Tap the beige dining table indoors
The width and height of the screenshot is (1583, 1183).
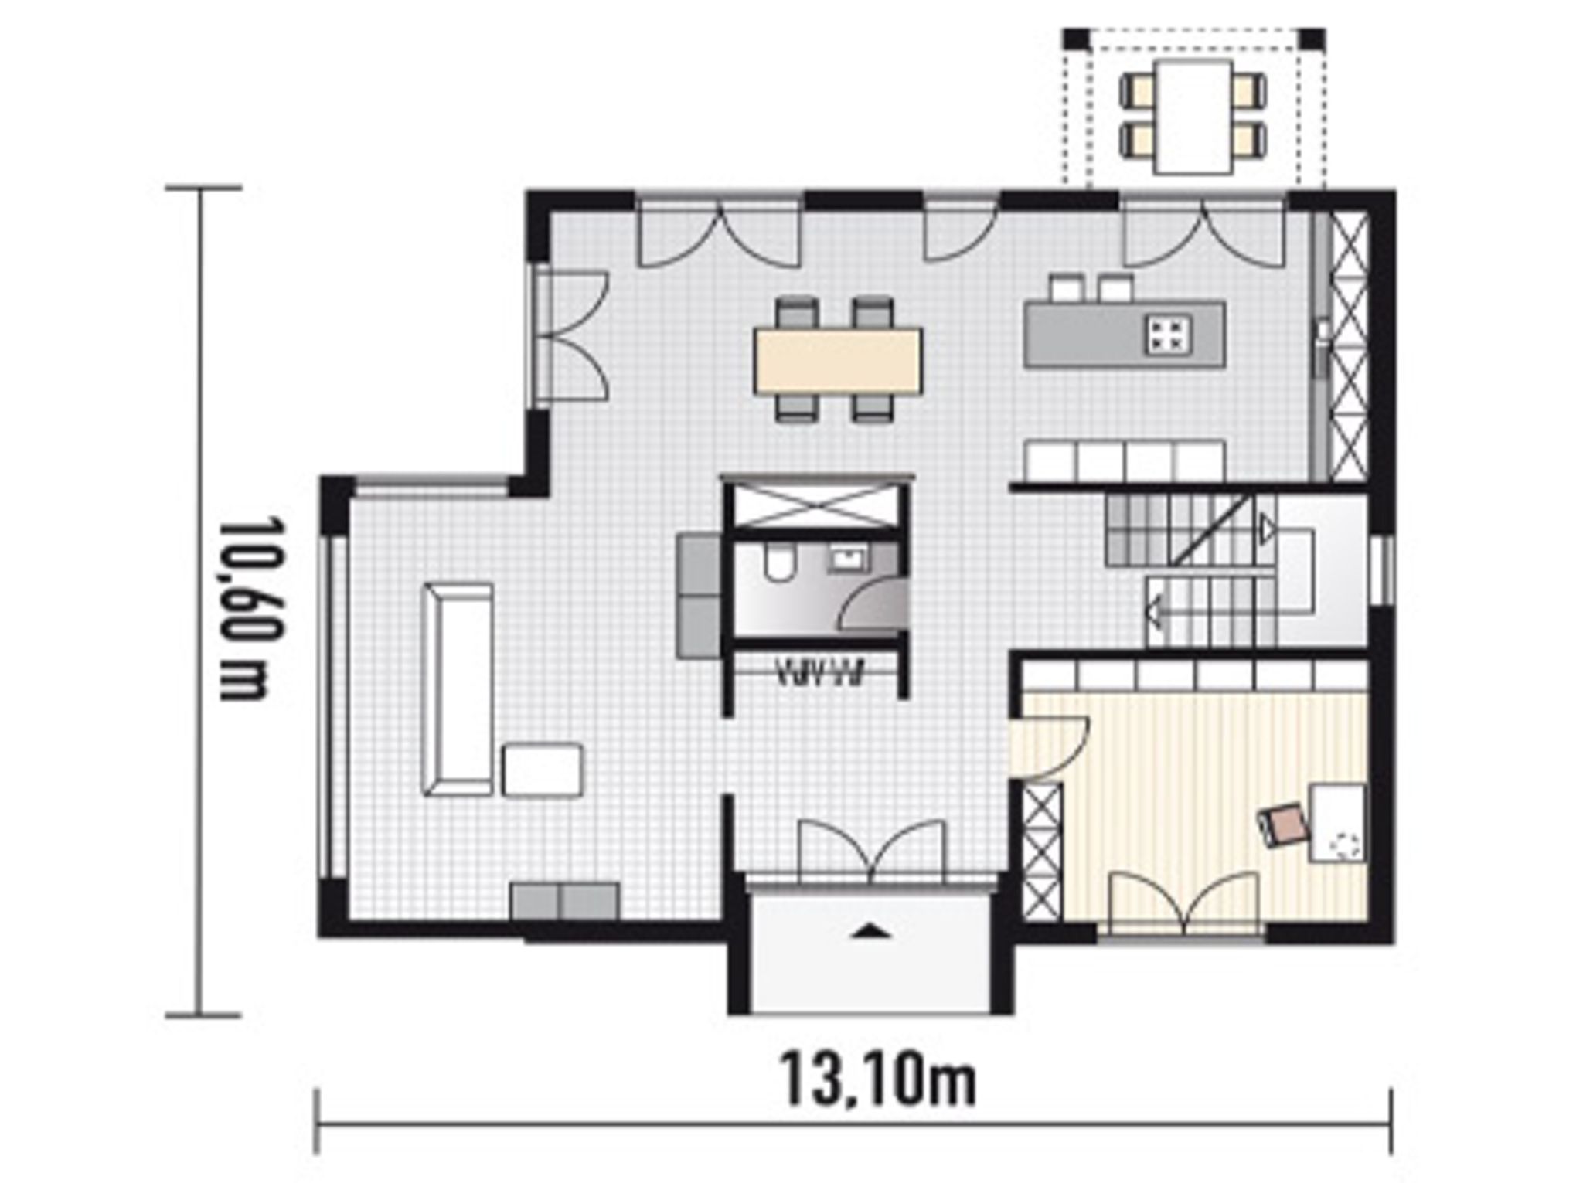[839, 359]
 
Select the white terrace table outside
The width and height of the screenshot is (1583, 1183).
[1193, 117]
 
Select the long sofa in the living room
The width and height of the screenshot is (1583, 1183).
[458, 689]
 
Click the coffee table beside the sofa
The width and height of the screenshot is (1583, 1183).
[543, 770]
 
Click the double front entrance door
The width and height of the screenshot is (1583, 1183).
[871, 851]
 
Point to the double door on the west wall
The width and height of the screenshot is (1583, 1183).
[572, 336]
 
